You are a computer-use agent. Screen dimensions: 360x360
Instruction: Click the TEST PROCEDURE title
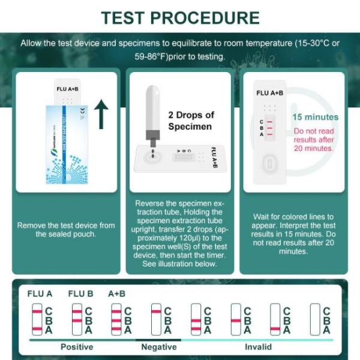pos(180,17)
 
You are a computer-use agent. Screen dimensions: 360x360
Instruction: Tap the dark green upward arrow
pos(102,114)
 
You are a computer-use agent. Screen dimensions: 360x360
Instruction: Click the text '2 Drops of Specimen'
pos(190,121)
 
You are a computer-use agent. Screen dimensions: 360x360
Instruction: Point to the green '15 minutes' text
pos(315,117)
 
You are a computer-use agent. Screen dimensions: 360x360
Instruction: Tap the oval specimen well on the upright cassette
pos(269,163)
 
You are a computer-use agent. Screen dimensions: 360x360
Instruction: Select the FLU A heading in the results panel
pos(40,294)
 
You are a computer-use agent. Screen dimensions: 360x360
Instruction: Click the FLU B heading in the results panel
pos(80,294)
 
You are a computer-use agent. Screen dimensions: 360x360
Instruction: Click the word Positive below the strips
pos(77,347)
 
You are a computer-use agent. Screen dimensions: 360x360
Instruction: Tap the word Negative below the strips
pos(158,347)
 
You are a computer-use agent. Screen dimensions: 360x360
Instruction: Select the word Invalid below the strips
pos(258,347)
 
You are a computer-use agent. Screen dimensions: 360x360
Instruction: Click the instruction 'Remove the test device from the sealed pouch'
pos(66,229)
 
